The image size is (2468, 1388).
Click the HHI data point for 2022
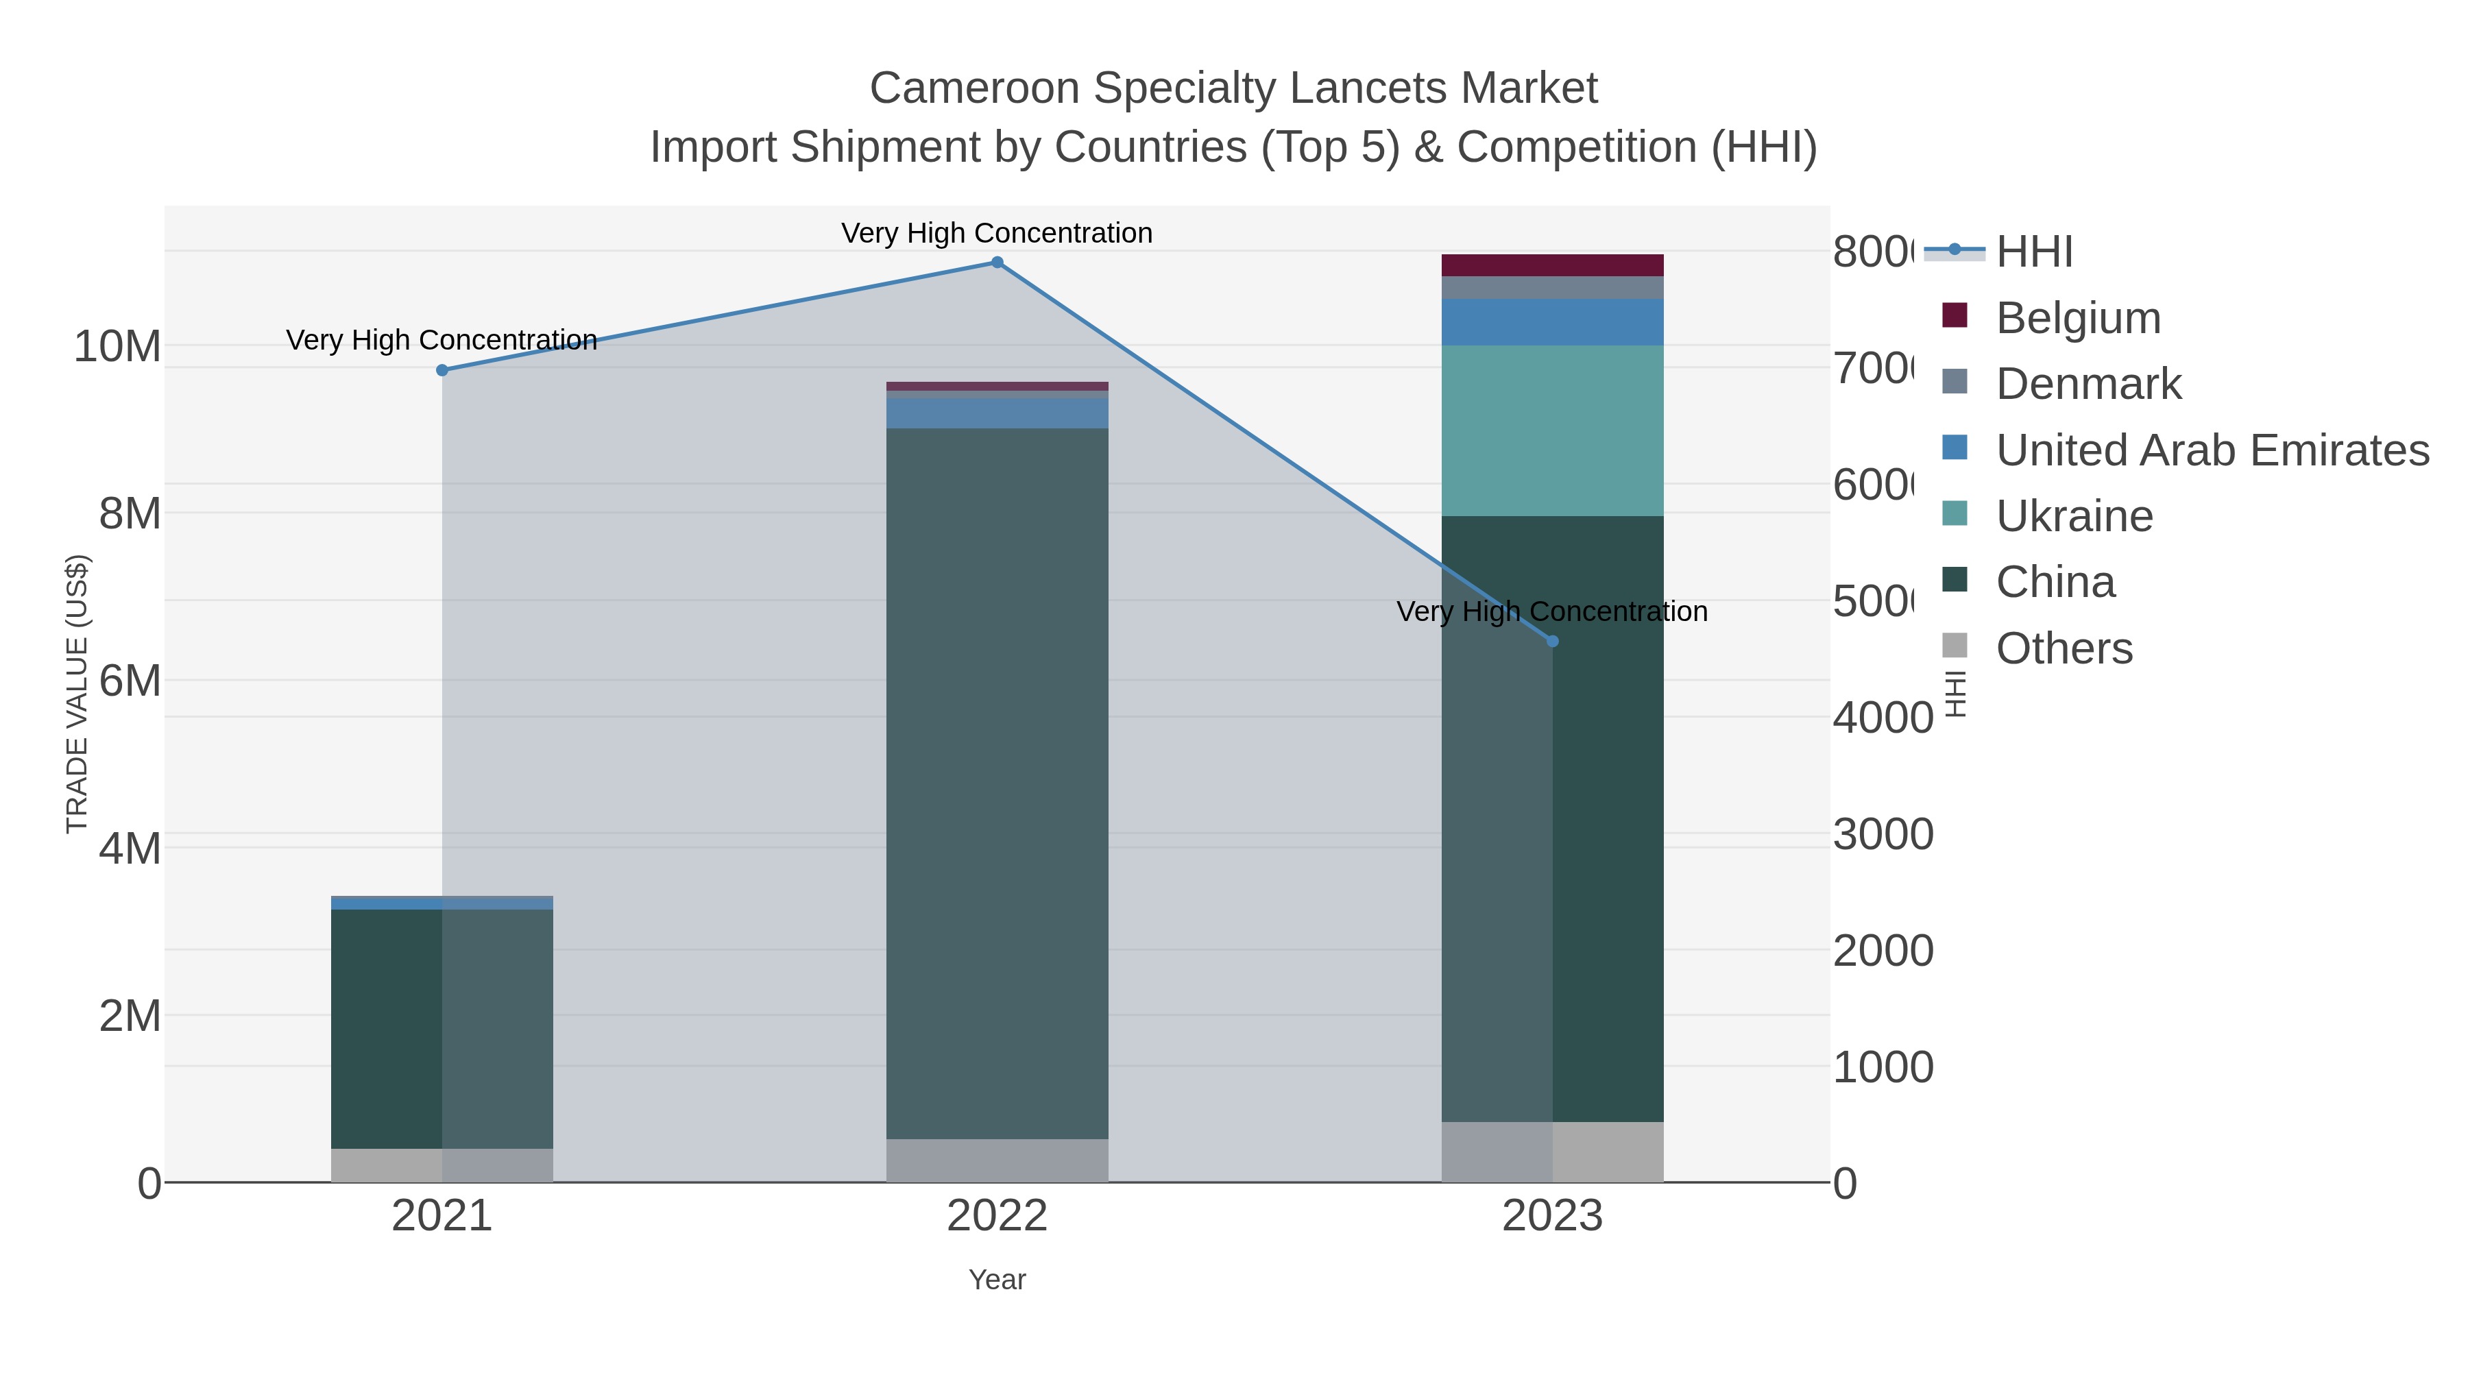[996, 263]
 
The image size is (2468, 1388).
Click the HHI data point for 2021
[441, 369]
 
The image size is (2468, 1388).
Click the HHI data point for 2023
[1552, 641]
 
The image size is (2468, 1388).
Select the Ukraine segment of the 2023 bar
[1552, 431]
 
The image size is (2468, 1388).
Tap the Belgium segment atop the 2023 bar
[1552, 265]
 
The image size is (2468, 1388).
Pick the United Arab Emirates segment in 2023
[1552, 322]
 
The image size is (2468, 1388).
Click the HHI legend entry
[2033, 252]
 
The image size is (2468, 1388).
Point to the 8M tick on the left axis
[130, 513]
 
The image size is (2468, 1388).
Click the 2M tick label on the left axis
[130, 1015]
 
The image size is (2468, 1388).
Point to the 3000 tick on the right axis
[1883, 834]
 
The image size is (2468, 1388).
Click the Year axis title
[996, 1280]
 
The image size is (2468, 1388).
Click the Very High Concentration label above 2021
[441, 340]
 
